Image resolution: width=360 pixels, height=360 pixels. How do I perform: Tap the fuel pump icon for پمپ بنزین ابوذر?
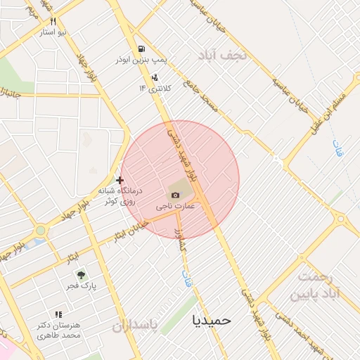[142, 49]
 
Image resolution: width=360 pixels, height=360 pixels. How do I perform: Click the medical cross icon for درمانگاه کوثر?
[120, 180]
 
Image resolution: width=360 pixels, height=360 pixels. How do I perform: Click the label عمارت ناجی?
[176, 207]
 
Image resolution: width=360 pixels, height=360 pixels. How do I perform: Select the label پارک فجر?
[82, 287]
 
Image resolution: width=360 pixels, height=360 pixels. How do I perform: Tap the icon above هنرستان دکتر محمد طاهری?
[58, 314]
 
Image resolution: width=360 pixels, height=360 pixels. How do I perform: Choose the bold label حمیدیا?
[211, 320]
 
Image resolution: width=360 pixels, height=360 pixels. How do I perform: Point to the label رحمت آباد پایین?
[321, 285]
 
